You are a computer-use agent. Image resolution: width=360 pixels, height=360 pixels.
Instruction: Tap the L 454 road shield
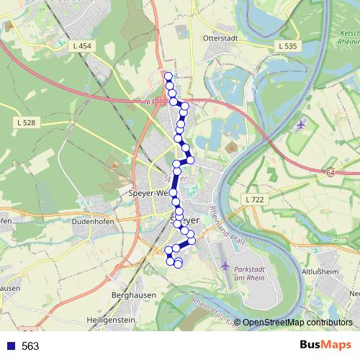click(84, 46)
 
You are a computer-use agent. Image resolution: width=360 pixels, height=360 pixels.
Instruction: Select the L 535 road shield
click(287, 46)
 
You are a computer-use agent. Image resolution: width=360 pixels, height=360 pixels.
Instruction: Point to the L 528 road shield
click(25, 123)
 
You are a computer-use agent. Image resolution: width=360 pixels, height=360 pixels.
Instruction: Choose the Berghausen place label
click(130, 295)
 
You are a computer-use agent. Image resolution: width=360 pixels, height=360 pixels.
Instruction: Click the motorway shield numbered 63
click(150, 102)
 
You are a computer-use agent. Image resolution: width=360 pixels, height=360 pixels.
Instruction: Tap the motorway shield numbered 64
click(330, 173)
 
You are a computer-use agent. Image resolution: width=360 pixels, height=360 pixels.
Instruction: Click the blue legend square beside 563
click(9, 346)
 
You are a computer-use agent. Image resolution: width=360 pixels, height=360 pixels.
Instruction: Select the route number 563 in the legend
click(30, 346)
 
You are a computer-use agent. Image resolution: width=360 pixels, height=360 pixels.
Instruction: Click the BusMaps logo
click(325, 346)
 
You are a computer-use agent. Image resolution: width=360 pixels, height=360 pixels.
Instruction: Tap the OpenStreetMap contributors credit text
click(297, 323)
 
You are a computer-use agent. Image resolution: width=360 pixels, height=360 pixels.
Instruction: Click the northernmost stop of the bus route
click(168, 76)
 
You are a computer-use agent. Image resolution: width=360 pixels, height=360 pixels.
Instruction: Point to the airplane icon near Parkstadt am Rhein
click(225, 265)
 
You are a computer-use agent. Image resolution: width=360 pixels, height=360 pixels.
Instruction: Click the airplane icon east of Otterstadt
click(300, 125)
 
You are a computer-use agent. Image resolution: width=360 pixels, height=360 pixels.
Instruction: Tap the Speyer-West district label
click(148, 193)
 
